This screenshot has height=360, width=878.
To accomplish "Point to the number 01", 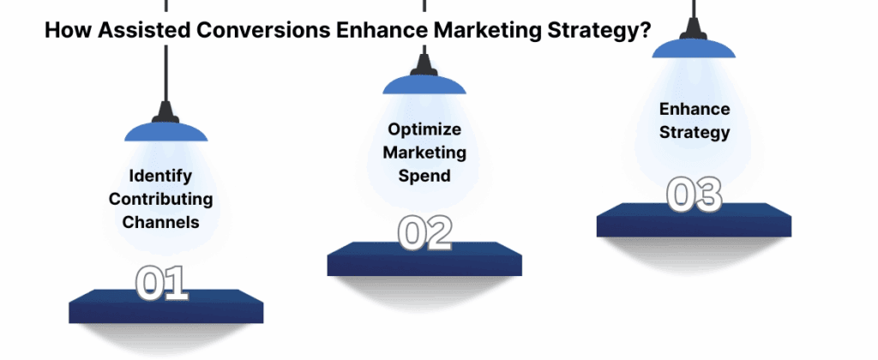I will click(x=162, y=284).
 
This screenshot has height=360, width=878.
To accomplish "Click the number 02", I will click(x=424, y=233).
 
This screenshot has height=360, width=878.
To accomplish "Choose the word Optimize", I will click(x=424, y=129).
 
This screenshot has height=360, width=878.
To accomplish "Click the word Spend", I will click(x=424, y=175).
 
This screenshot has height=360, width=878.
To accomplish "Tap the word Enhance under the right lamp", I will click(x=695, y=110).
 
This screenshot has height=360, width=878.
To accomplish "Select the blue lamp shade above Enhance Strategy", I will click(x=694, y=47).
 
